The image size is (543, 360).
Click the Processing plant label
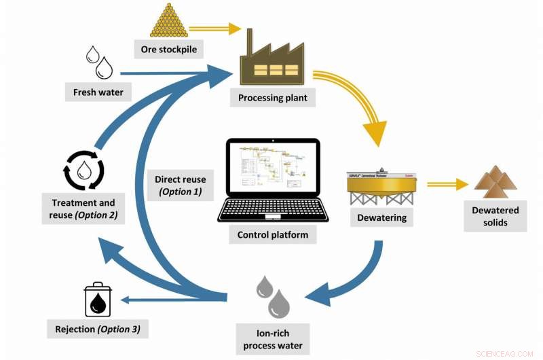coord(272,98)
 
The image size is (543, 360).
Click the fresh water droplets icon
coord(99,62)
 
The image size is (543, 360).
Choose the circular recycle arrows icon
coord(83,169)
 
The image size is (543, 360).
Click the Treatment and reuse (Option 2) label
coord(84,209)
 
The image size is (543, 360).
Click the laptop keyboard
coord(272,210)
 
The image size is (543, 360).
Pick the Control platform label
coord(272,235)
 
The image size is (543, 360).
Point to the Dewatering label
coord(381,218)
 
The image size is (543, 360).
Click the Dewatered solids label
coord(495,217)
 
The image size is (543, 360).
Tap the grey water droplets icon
coord(273,297)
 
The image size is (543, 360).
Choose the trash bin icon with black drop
coord(98,300)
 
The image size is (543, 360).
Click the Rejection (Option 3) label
coord(98,330)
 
